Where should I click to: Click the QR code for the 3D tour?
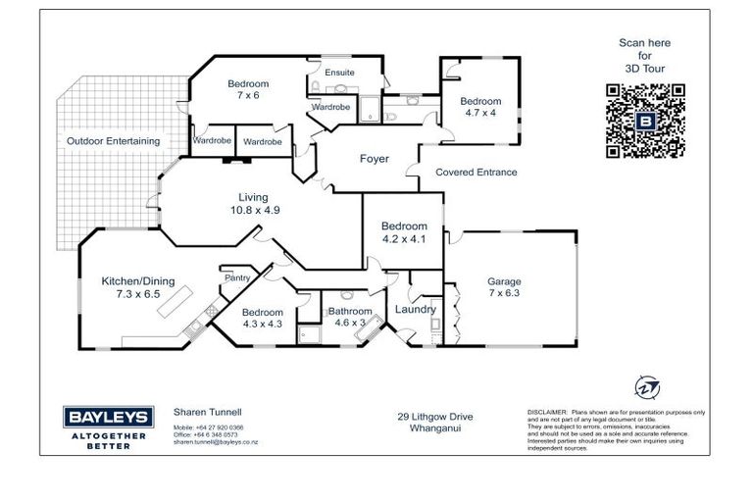coord(644,121)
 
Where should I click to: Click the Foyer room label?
coord(375,159)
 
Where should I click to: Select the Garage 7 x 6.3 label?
coord(505,288)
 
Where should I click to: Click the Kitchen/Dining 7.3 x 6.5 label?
coord(138,287)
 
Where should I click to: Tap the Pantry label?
coord(237,278)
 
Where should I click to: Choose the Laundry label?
coord(415,310)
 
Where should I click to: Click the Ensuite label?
coord(339,74)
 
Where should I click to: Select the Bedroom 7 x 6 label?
coord(248,90)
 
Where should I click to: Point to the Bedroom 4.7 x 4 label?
coord(480,107)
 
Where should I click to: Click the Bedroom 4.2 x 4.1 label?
coord(404,232)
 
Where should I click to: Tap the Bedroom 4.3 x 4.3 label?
coord(262,319)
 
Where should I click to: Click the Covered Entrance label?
coord(476,173)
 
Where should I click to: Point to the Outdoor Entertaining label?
coord(113,141)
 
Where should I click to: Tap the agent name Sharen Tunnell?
coord(207,414)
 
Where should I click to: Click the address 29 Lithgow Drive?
coord(435,417)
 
